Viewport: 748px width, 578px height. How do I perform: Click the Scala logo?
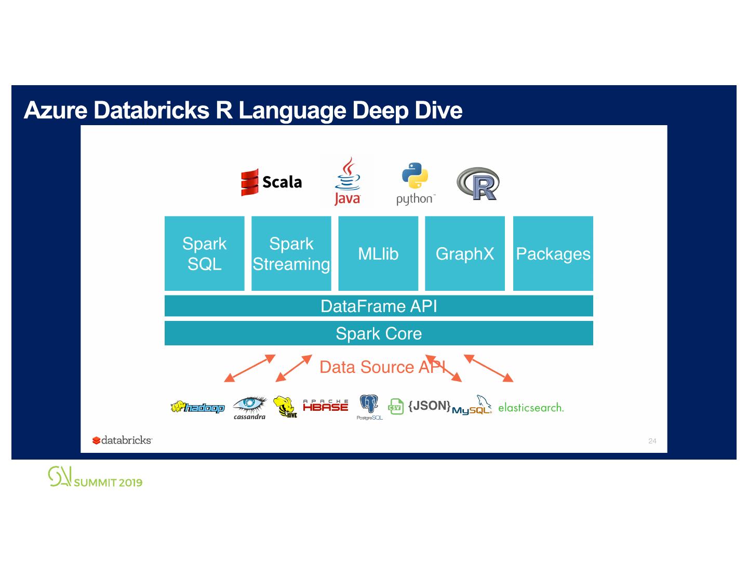point(271,182)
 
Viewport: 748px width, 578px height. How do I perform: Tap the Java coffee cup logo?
point(347,182)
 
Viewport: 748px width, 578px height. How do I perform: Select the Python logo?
point(415,183)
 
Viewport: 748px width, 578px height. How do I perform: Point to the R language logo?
point(478,184)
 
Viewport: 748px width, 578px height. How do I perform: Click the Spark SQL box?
point(204,253)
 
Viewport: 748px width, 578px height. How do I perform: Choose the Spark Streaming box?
point(291,253)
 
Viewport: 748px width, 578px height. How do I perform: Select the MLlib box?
point(378,253)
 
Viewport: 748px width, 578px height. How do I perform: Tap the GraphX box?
point(465,253)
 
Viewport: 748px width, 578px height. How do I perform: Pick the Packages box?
point(553,253)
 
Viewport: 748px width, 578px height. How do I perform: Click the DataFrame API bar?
point(379,306)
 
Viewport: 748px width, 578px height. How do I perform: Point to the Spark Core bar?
point(379,333)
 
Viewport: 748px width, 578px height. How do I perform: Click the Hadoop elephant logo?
point(197,408)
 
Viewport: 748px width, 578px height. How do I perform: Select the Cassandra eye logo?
point(249,407)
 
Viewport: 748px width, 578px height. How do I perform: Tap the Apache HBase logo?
point(325,406)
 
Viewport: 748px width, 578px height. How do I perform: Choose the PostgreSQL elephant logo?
point(369,407)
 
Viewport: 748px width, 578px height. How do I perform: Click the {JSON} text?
point(429,406)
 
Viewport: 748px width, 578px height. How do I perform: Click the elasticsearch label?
point(530,408)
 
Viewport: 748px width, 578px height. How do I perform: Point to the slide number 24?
point(652,441)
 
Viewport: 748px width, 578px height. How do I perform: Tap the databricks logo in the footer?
point(122,440)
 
